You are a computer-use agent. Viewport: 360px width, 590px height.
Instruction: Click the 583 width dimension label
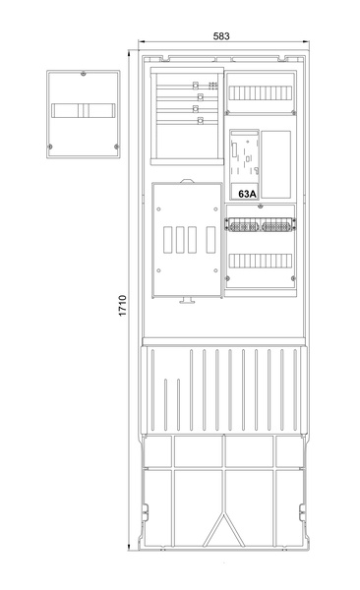(x=221, y=36)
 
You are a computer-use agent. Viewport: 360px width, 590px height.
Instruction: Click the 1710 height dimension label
(x=123, y=306)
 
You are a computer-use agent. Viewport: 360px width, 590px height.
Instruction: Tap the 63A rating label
(x=247, y=194)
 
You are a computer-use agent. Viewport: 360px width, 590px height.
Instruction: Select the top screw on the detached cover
(x=84, y=74)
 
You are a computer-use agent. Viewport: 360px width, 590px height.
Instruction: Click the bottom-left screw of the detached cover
(x=50, y=147)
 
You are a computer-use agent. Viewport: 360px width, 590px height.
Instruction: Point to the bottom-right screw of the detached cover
(x=116, y=147)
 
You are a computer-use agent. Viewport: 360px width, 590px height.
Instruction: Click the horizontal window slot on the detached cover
(x=84, y=110)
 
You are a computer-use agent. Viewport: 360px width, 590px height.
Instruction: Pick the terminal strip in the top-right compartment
(x=261, y=93)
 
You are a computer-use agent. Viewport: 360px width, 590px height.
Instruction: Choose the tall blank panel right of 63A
(x=276, y=164)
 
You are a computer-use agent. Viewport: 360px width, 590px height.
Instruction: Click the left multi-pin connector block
(x=243, y=227)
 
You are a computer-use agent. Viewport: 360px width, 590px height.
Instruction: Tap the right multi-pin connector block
(x=277, y=227)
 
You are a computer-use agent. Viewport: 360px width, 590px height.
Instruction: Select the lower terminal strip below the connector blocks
(x=261, y=261)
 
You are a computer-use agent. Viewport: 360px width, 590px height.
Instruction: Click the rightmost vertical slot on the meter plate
(x=210, y=240)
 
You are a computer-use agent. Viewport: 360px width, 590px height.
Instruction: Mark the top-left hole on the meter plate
(x=158, y=209)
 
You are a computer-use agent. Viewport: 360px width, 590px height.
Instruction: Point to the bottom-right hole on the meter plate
(x=215, y=270)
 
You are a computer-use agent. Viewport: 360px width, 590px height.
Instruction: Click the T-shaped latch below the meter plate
(x=187, y=300)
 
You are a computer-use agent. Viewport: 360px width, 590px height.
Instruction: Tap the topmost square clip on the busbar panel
(x=196, y=85)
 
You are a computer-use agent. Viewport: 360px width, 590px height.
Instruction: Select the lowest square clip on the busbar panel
(x=201, y=121)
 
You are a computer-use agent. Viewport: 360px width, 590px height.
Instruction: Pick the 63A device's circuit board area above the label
(x=244, y=157)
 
